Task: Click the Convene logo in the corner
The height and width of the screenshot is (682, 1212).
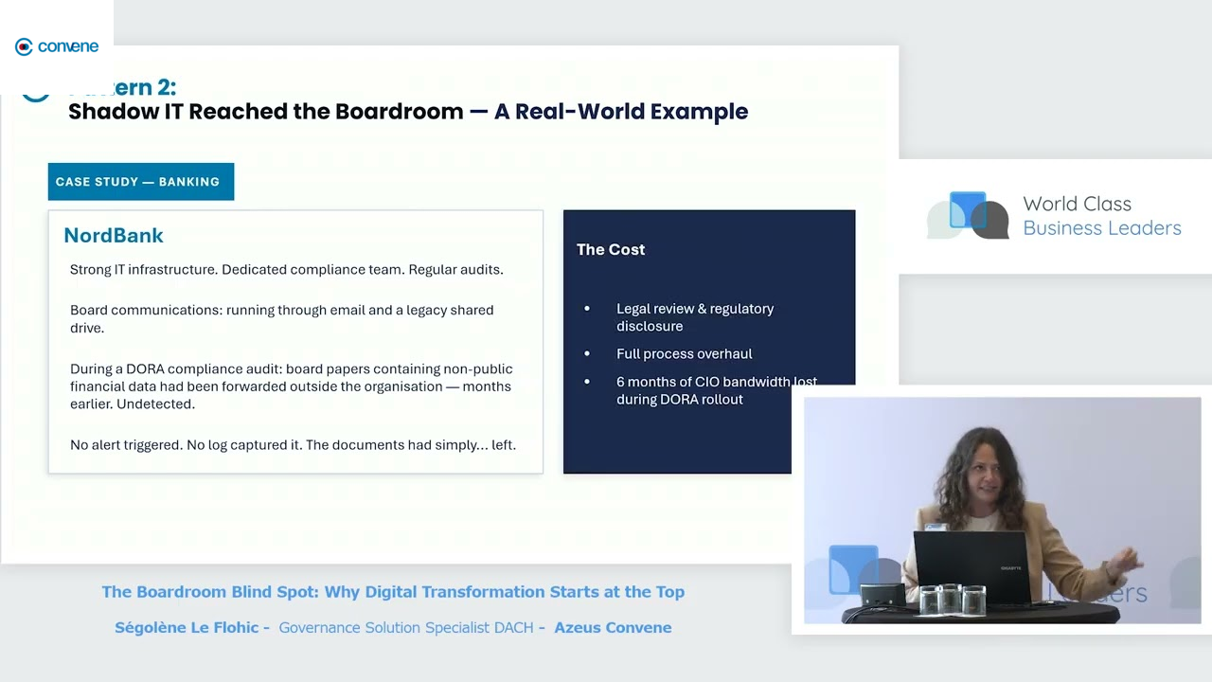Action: pos(57,46)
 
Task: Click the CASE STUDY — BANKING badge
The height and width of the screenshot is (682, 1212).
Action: pos(140,182)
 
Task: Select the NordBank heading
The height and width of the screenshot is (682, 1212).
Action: pos(114,235)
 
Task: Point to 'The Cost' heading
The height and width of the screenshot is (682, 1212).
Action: pos(611,249)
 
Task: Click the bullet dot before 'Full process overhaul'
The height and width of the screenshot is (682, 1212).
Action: pos(587,354)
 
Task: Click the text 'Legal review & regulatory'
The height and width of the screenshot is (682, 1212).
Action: pos(695,309)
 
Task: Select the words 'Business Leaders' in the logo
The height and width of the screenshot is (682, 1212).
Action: pos(1101,228)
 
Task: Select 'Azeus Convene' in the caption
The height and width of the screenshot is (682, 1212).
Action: pos(613,627)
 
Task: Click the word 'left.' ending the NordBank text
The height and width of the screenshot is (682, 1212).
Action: pos(503,444)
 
